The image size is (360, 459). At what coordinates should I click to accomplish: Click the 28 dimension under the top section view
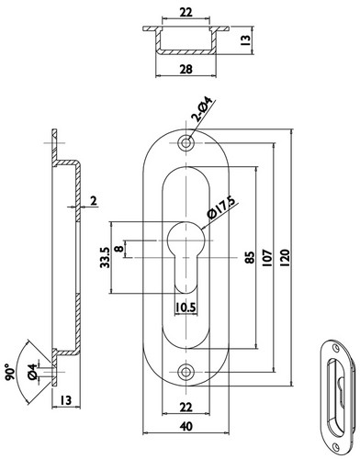click(186, 69)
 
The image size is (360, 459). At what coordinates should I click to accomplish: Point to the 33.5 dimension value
click(105, 258)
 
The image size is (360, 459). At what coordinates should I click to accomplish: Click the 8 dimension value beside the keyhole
click(119, 248)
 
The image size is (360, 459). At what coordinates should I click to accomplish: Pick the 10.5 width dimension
click(186, 308)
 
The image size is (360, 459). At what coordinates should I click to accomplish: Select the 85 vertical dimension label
click(250, 258)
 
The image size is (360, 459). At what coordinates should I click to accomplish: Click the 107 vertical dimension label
click(267, 258)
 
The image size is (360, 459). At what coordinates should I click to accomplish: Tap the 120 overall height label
click(285, 258)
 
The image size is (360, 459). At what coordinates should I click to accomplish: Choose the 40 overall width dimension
click(186, 426)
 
